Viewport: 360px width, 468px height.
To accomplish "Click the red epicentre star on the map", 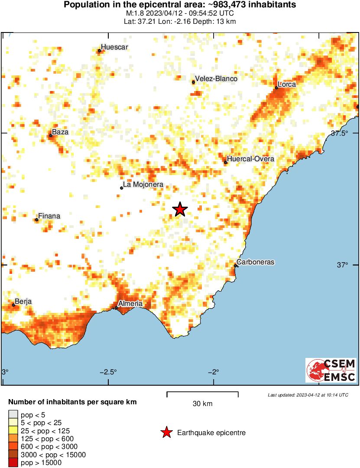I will [180, 209].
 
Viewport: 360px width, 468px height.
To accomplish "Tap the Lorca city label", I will [287, 84].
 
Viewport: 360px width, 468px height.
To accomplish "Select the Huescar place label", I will [114, 47].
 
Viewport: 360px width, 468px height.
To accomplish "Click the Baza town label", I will [60, 132].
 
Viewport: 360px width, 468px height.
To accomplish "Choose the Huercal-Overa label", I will [250, 159].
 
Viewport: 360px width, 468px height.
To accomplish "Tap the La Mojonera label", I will [143, 185].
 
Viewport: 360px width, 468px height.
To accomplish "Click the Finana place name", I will [49, 216].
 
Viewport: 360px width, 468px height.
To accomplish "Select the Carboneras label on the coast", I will [256, 262].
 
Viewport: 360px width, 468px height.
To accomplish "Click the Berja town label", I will [23, 302].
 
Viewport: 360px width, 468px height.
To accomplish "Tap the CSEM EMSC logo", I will [331, 370].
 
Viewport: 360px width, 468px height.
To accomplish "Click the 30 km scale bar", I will [202, 393].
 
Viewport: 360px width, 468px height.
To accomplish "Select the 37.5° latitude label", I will [340, 133].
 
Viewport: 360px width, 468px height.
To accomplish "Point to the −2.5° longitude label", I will [109, 372].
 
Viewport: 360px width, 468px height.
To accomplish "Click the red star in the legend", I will [166, 432].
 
